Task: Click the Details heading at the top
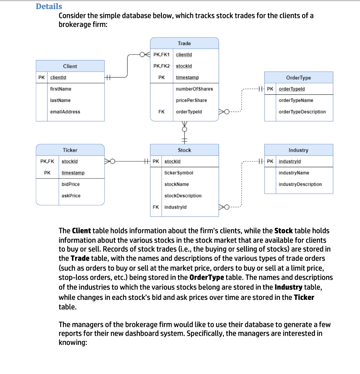coord(49,6)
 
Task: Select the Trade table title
coord(184,43)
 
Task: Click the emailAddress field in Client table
coord(65,112)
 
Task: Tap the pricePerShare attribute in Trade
coord(191,100)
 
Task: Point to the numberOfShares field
coord(194,89)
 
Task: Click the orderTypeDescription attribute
coord(302,112)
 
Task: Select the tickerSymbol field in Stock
coord(179,173)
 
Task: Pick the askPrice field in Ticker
coord(71,196)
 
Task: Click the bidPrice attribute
coord(71,184)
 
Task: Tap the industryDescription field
coord(300,184)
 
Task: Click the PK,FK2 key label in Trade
coord(161,66)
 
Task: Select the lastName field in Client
coord(60,100)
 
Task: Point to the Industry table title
coord(298,150)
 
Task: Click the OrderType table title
coord(298,78)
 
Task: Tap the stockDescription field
coord(183,196)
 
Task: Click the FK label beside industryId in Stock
coord(156,207)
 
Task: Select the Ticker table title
coord(70,150)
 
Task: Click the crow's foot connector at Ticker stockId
coord(110,161)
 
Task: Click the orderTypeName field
coord(296,100)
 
